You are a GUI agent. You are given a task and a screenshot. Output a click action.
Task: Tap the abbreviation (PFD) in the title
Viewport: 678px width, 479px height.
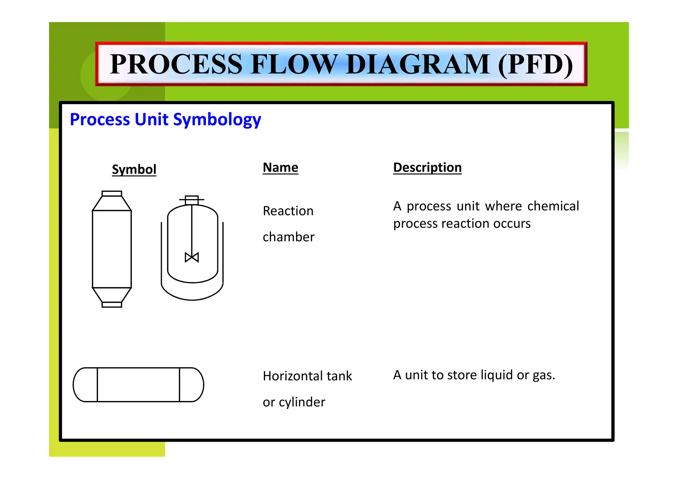click(x=536, y=65)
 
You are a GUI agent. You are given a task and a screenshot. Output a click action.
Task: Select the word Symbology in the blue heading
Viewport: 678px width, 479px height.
click(x=217, y=120)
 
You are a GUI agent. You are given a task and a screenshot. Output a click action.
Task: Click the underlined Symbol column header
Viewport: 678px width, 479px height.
click(x=134, y=169)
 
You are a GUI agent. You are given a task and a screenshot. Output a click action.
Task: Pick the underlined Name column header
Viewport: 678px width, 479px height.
click(x=280, y=167)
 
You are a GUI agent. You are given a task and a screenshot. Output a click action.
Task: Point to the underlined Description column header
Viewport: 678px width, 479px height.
click(x=427, y=167)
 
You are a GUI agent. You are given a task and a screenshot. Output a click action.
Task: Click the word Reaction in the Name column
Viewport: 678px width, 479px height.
click(x=288, y=211)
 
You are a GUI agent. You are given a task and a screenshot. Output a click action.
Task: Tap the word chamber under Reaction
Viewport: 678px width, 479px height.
click(x=288, y=237)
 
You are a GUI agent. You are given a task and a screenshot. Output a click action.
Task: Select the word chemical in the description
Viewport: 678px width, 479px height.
click(x=553, y=206)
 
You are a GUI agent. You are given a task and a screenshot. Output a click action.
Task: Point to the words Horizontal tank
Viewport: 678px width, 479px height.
click(x=307, y=376)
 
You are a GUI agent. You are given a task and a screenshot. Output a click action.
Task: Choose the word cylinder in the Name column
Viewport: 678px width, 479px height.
click(x=302, y=402)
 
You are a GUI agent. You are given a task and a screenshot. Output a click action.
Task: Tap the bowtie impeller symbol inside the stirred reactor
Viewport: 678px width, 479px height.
click(x=192, y=257)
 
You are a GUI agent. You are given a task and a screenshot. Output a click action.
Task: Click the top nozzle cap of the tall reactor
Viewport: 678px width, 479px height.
click(x=112, y=194)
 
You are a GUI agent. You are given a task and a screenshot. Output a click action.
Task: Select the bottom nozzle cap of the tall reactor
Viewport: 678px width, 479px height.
click(x=112, y=305)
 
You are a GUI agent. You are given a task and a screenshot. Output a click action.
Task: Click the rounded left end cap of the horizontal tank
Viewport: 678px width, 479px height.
click(x=85, y=385)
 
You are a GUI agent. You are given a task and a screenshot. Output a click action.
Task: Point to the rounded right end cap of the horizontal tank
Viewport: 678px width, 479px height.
click(x=192, y=385)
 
